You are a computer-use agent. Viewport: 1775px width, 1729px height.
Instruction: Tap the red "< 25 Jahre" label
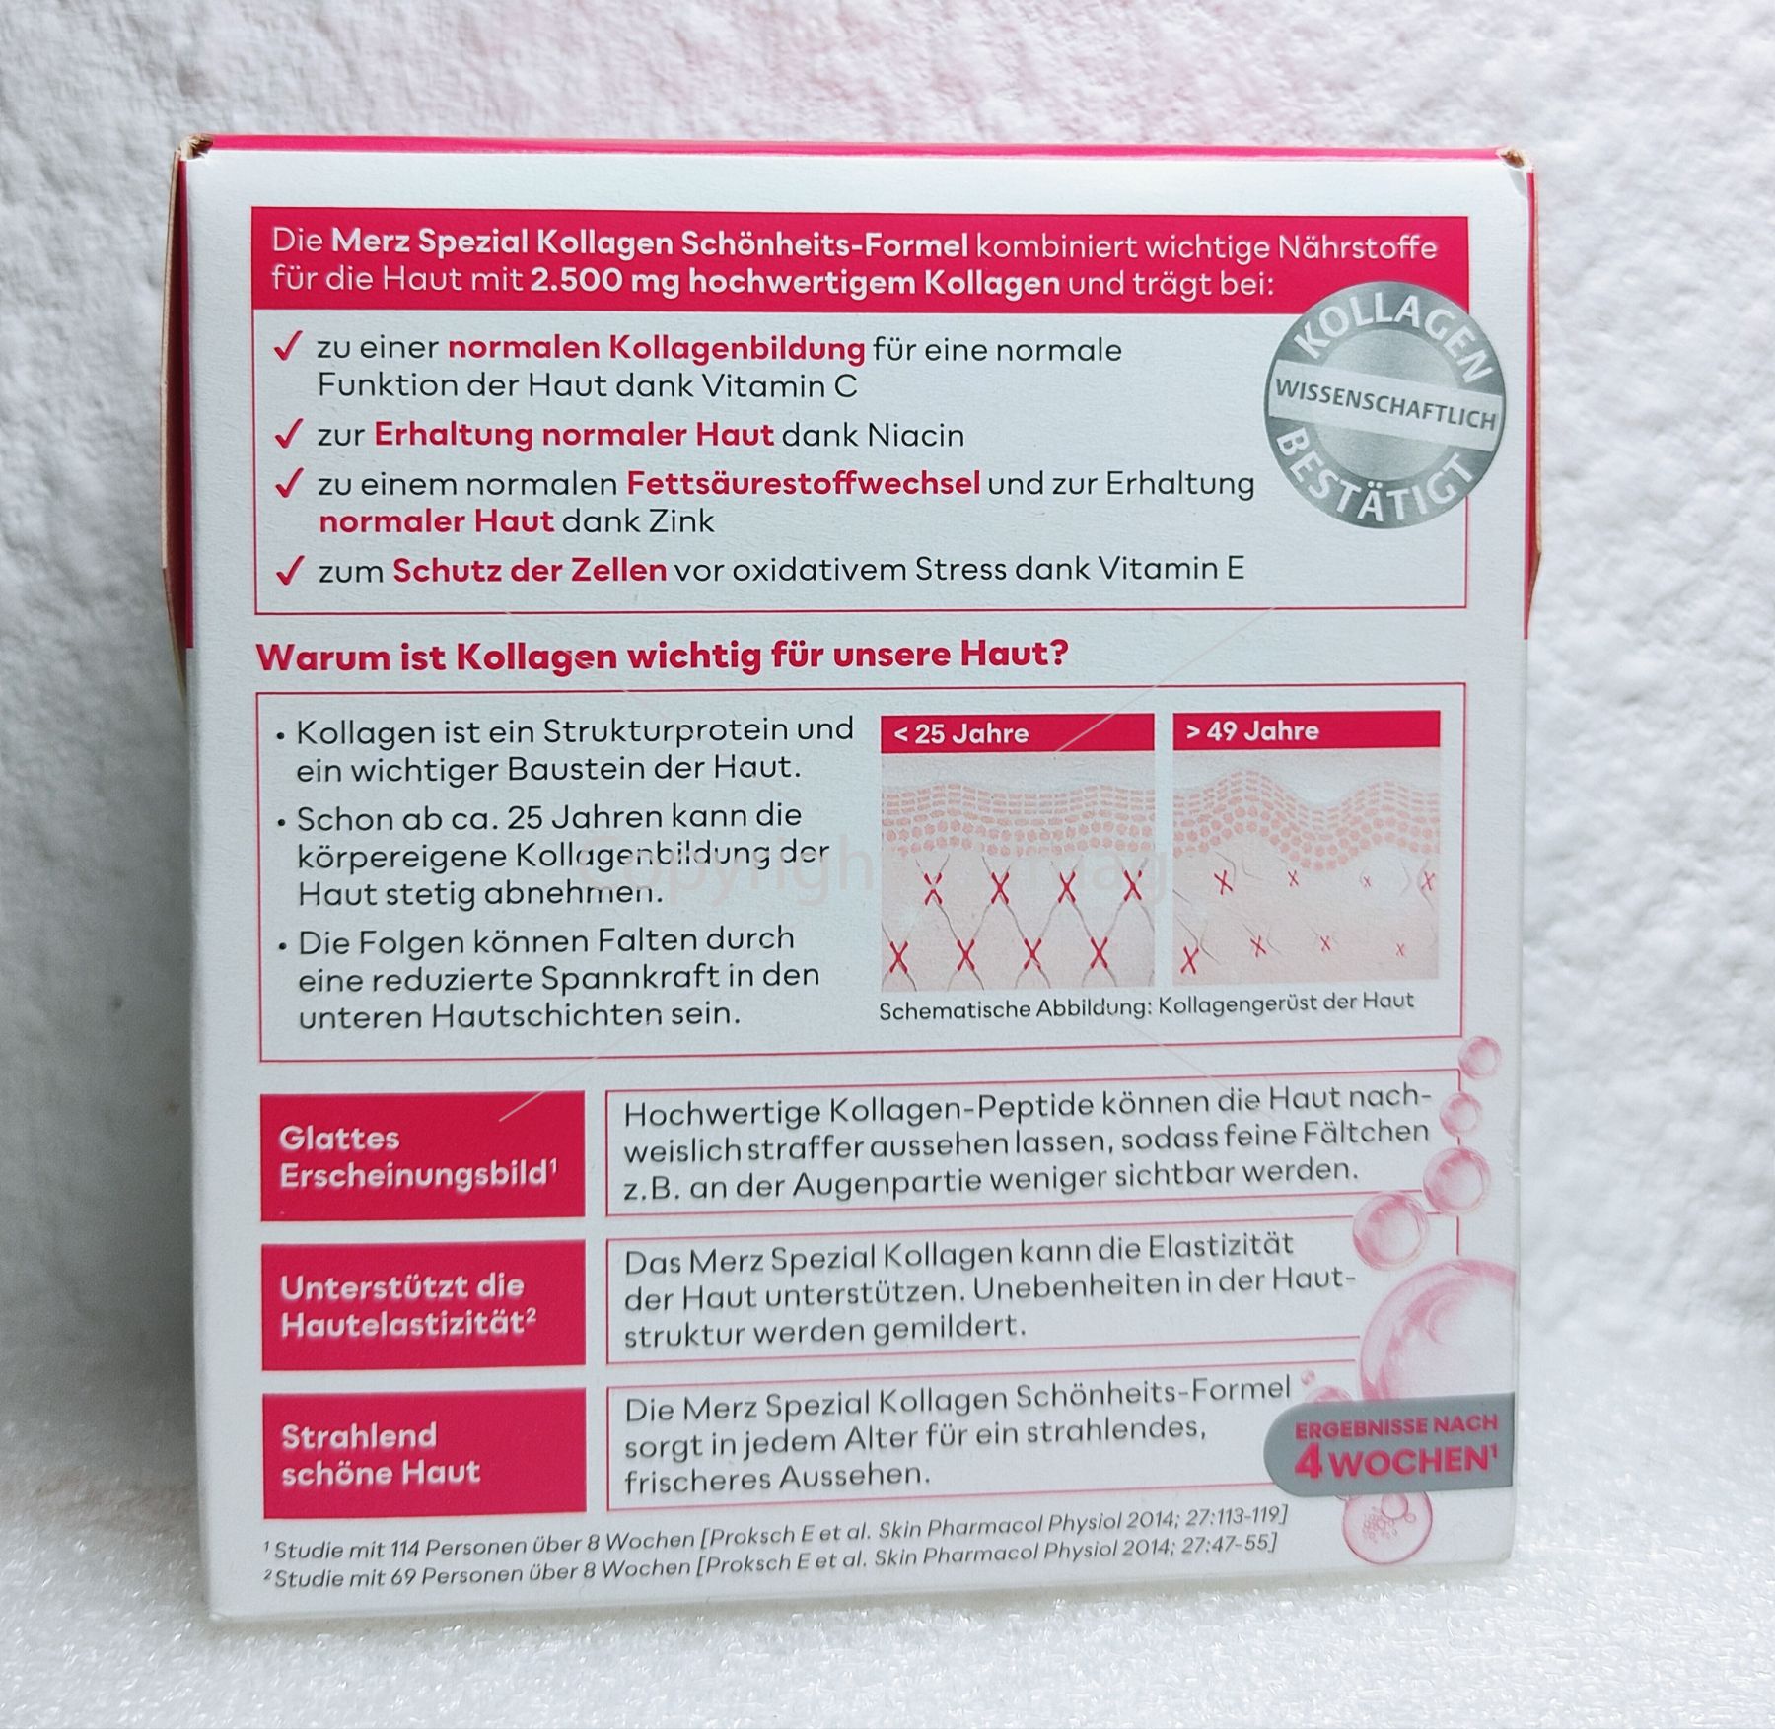click(1017, 732)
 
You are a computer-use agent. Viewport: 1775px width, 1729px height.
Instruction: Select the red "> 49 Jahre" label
click(1306, 730)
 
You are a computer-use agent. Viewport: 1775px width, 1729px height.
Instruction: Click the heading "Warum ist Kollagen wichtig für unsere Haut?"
click(662, 657)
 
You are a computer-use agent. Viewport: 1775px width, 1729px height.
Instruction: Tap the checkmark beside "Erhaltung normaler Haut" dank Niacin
click(288, 434)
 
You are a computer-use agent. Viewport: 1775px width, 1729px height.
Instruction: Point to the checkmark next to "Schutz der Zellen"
click(288, 570)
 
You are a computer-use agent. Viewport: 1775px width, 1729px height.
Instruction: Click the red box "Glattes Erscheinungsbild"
click(423, 1155)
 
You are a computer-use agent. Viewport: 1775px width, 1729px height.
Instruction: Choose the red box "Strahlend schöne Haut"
click(425, 1453)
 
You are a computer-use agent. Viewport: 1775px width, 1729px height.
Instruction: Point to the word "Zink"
click(678, 520)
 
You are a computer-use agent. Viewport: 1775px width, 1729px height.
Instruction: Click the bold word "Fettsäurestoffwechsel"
click(803, 483)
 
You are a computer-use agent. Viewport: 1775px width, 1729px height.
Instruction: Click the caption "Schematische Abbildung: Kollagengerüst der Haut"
click(1146, 1006)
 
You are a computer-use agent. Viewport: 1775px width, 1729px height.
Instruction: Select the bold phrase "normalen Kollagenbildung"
click(657, 348)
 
